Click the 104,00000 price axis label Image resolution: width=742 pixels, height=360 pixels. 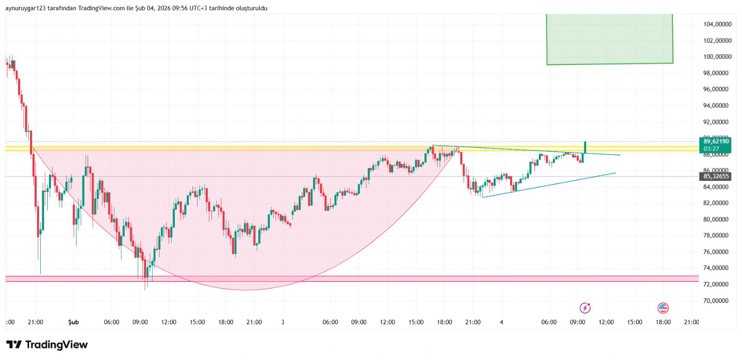click(717, 24)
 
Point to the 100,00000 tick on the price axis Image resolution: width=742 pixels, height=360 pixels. click(717, 57)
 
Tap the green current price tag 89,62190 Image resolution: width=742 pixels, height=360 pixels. click(716, 141)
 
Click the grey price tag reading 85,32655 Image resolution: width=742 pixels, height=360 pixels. click(716, 176)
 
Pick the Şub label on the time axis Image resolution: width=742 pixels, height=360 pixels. click(73, 322)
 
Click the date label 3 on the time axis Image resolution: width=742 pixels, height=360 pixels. click(282, 322)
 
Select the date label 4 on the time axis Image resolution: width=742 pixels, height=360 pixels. click(501, 322)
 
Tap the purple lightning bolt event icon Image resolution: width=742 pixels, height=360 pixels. click(585, 308)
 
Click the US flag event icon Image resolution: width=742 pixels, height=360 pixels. click(663, 308)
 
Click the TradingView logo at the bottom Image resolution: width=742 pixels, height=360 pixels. click(47, 345)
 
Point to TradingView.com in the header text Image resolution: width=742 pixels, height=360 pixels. click(101, 8)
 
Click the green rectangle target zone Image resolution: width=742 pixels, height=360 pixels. click(609, 39)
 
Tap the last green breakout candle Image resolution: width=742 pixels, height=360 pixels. click(585, 147)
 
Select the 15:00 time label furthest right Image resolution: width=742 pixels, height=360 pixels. click(634, 322)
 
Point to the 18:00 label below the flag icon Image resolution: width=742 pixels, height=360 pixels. click(663, 322)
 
